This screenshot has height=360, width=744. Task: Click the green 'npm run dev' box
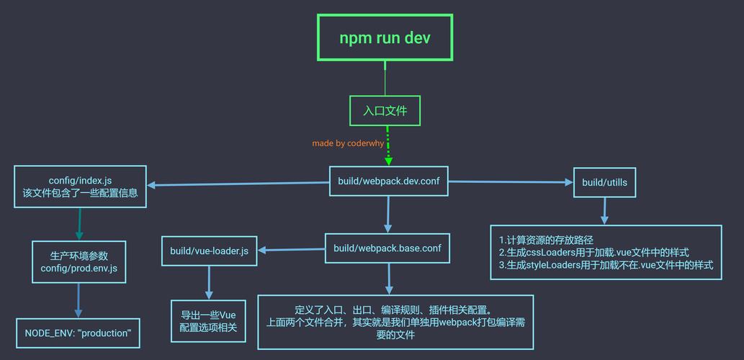pyautogui.click(x=385, y=37)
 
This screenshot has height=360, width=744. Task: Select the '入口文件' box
pyautogui.click(x=385, y=111)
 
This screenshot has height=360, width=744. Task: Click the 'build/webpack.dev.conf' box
pyautogui.click(x=388, y=181)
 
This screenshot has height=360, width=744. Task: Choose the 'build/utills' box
pyautogui.click(x=604, y=182)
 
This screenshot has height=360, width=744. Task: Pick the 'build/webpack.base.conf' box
pyautogui.click(x=387, y=248)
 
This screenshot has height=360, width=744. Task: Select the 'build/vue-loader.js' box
pyautogui.click(x=209, y=251)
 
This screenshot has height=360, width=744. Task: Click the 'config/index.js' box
pyautogui.click(x=80, y=186)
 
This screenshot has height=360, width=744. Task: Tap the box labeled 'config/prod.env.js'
pyautogui.click(x=79, y=262)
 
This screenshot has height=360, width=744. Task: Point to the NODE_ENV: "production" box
pyautogui.click(x=78, y=333)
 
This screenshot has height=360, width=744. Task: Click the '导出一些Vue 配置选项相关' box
pyautogui.click(x=208, y=321)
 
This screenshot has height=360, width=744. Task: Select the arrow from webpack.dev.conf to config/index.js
pyautogui.click(x=238, y=184)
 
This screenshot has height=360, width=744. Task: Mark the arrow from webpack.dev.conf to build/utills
pyautogui.click(x=510, y=182)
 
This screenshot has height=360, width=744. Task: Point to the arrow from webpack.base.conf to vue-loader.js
pyautogui.click(x=291, y=250)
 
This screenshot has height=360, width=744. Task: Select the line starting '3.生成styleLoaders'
pyautogui.click(x=606, y=265)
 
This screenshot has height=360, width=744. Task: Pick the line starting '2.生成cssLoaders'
pyautogui.click(x=593, y=252)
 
